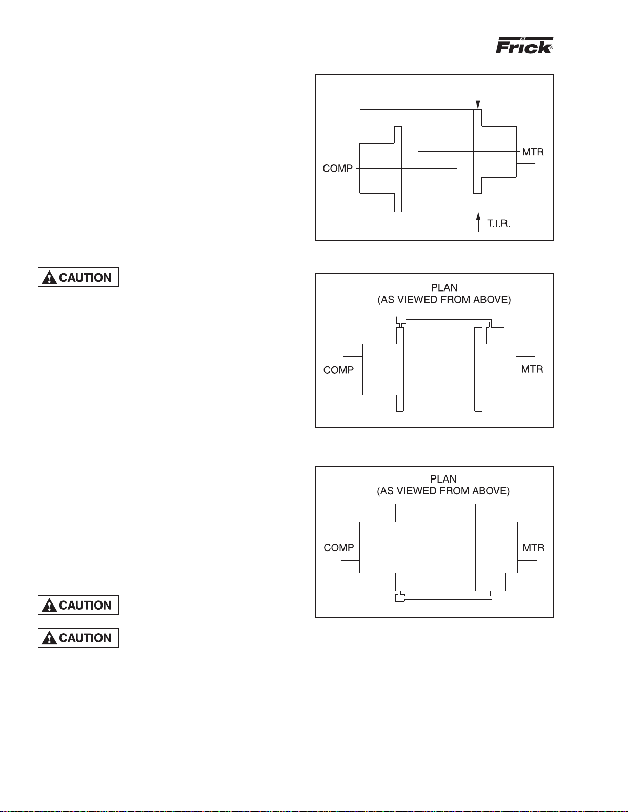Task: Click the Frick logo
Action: pyautogui.click(x=524, y=45)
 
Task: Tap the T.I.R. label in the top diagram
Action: pyautogui.click(x=498, y=223)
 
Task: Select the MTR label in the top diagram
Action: pyautogui.click(x=533, y=152)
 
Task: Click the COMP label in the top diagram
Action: pyautogui.click(x=337, y=169)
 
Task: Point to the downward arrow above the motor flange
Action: pyautogui.click(x=478, y=97)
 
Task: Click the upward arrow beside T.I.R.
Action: pyautogui.click(x=478, y=222)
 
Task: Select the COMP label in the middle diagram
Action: pyautogui.click(x=338, y=370)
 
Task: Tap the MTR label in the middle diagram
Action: pyautogui.click(x=532, y=369)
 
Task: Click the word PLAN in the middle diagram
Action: pyautogui.click(x=444, y=287)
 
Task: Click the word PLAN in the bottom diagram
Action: pyautogui.click(x=443, y=478)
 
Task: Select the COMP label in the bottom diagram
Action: pyautogui.click(x=339, y=548)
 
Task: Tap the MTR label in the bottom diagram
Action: pyautogui.click(x=534, y=548)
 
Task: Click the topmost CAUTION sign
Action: pyautogui.click(x=78, y=277)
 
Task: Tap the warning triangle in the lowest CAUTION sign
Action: pyautogui.click(x=49, y=638)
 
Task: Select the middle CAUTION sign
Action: pyautogui.click(x=78, y=605)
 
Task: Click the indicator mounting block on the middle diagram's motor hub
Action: pyautogui.click(x=495, y=336)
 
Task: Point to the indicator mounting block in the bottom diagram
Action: pyautogui.click(x=497, y=582)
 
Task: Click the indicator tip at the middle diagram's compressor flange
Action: pyautogui.click(x=400, y=321)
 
